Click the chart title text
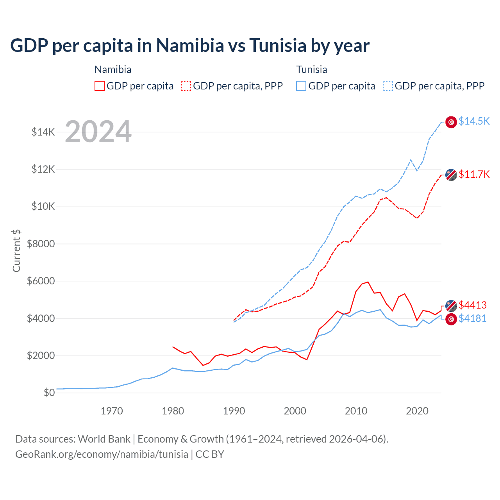(190, 45)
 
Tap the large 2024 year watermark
(98, 131)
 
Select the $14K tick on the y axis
(43, 132)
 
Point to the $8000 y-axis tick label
(41, 244)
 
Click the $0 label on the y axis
(49, 393)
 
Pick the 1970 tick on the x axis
(112, 411)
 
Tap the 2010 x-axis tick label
(356, 411)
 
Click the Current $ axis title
(16, 251)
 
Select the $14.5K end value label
(474, 121)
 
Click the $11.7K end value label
(474, 174)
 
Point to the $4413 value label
(473, 305)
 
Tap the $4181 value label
(473, 319)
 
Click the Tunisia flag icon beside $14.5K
(451, 122)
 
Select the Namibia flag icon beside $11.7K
(451, 175)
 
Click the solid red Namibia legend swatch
(100, 86)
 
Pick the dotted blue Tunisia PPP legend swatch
(388, 86)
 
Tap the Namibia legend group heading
(113, 70)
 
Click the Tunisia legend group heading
(312, 70)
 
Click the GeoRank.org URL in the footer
(102, 454)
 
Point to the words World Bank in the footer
(104, 439)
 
